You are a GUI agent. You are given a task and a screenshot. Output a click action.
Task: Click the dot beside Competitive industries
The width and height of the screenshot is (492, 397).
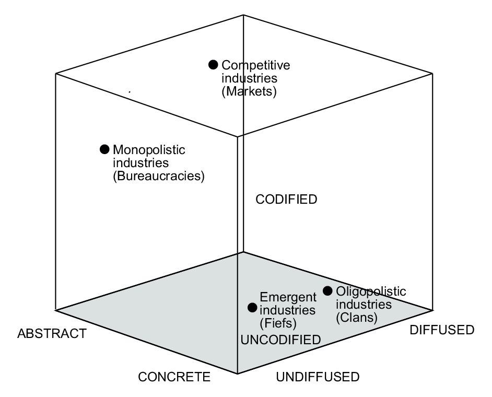[x=213, y=65]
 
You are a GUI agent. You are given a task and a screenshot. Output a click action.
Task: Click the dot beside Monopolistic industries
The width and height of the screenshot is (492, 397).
[x=104, y=149]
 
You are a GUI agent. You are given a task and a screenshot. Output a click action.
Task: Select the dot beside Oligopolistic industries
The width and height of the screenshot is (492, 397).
[x=328, y=290]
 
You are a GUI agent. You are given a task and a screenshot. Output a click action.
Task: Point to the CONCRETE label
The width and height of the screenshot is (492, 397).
[x=174, y=377]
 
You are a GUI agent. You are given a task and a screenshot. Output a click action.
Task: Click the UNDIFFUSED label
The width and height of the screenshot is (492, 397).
[x=318, y=377]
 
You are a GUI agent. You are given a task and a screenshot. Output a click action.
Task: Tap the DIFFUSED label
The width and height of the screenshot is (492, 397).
[x=441, y=330]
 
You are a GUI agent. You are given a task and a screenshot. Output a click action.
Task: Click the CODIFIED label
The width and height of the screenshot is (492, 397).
[x=286, y=199]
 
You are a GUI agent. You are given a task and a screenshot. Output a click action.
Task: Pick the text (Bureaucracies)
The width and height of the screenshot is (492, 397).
[x=158, y=176]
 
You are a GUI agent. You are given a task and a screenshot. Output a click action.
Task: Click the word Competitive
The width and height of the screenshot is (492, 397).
[x=255, y=65]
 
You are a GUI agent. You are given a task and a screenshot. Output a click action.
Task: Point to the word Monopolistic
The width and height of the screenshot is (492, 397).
[x=149, y=150]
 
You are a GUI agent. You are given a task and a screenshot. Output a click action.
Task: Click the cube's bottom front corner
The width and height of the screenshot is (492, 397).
[x=238, y=373]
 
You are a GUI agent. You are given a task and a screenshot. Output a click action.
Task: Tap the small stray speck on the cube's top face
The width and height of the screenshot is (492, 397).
[x=130, y=92]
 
